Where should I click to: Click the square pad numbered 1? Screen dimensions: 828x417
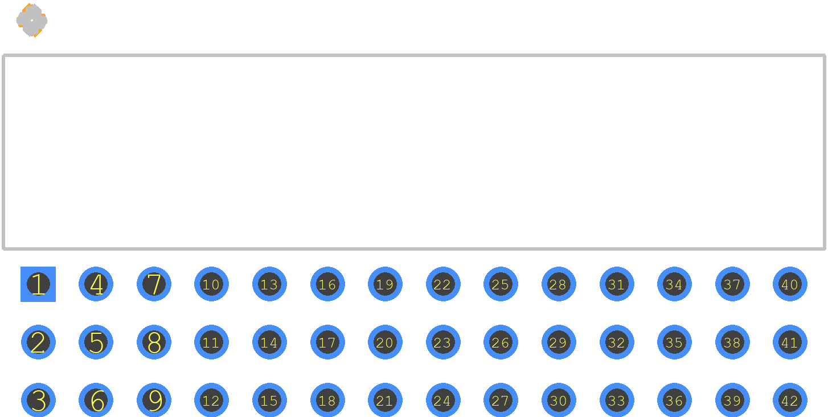(x=38, y=284)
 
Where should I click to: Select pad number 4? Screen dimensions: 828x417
(x=96, y=284)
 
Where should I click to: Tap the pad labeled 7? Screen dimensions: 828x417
(x=154, y=284)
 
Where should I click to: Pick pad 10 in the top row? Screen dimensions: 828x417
(x=211, y=284)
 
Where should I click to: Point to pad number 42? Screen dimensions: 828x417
(x=790, y=400)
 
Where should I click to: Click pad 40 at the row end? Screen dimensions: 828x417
(x=790, y=284)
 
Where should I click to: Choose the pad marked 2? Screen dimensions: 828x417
(x=38, y=342)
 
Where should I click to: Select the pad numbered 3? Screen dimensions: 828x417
(x=38, y=400)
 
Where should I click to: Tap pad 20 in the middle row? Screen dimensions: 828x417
(x=385, y=342)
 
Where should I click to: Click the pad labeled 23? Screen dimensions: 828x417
(x=443, y=342)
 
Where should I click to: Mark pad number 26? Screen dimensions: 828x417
(x=501, y=342)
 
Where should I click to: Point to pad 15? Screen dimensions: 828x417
(x=269, y=400)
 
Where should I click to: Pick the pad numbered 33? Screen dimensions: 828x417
(x=617, y=400)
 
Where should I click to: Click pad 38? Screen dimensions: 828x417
(x=732, y=342)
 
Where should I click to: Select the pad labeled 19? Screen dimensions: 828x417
(x=385, y=284)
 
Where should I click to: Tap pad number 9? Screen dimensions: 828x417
(x=154, y=400)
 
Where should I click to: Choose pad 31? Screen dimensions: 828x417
(x=617, y=284)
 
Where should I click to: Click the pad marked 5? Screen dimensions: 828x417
(x=96, y=342)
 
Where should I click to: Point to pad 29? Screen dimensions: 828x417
(x=559, y=342)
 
